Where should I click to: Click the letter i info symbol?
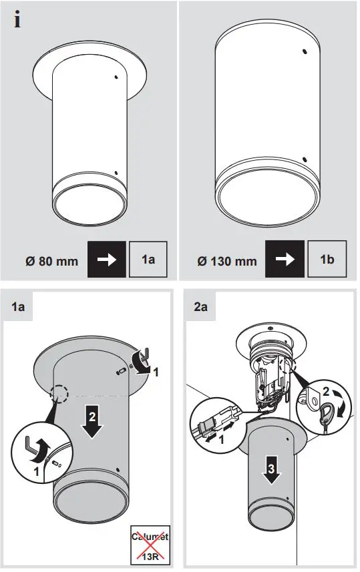coord(17,21)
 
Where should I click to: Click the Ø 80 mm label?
coord(49,260)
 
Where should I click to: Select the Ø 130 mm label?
coord(226,260)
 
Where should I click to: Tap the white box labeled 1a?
coord(148,259)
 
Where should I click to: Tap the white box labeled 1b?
coord(327,259)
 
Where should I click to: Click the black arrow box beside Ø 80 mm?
coord(107,259)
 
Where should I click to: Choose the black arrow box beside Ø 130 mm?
coord(285,259)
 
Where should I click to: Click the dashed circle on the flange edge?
coord(60,394)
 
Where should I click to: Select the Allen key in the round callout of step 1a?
coord(38,451)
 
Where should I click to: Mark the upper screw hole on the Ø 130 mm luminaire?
coord(305,52)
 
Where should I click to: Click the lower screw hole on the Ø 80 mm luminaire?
coord(118,173)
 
